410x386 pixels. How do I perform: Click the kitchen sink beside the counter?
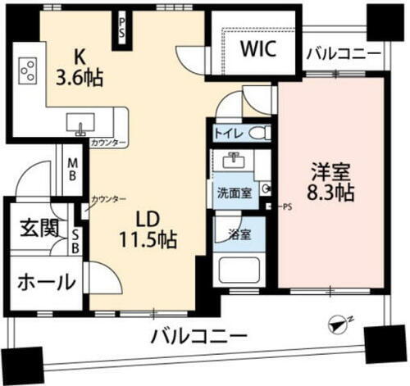81,125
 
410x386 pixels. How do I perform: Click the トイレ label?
225,133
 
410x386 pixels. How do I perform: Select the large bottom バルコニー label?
199,336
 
